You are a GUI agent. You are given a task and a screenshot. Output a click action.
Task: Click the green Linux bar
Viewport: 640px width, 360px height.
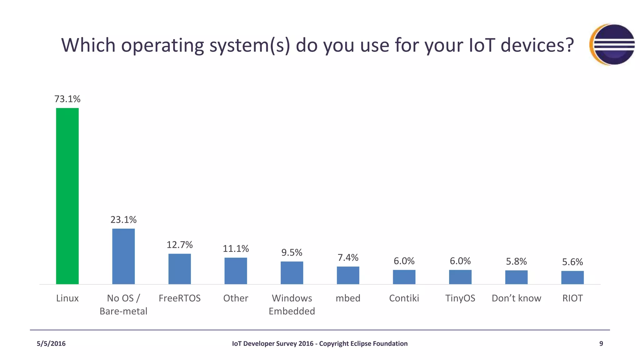click(x=67, y=196)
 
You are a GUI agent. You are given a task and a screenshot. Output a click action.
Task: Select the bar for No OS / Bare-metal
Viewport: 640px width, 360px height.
click(x=123, y=256)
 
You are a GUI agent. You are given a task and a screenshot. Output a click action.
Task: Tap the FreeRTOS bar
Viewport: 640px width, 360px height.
click(x=179, y=269)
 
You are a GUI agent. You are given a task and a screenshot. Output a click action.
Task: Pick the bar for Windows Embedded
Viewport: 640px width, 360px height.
click(x=292, y=272)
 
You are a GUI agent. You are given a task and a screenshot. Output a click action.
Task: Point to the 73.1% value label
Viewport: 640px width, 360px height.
click(x=67, y=99)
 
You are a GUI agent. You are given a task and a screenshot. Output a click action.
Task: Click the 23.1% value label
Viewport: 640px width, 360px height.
click(x=123, y=220)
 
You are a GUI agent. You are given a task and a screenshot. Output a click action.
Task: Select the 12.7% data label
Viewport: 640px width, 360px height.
click(x=179, y=245)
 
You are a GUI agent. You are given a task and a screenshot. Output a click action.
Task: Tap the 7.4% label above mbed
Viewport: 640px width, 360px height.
click(x=348, y=257)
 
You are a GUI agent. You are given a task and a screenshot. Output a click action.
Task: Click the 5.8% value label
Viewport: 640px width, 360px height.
click(x=516, y=261)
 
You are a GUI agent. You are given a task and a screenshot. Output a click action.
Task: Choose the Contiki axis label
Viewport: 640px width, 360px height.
click(x=404, y=298)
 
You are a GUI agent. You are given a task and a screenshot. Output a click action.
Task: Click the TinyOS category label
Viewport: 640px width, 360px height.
click(x=460, y=298)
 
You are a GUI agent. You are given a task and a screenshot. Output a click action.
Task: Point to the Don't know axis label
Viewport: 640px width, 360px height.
click(x=516, y=298)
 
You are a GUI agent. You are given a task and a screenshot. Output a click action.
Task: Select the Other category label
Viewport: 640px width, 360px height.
click(x=235, y=298)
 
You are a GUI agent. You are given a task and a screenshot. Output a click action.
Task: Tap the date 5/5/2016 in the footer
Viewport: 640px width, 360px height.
click(x=51, y=344)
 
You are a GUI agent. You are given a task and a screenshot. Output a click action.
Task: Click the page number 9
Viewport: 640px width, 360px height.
click(x=601, y=344)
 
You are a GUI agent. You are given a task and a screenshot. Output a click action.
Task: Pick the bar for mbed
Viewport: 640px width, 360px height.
click(x=348, y=275)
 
